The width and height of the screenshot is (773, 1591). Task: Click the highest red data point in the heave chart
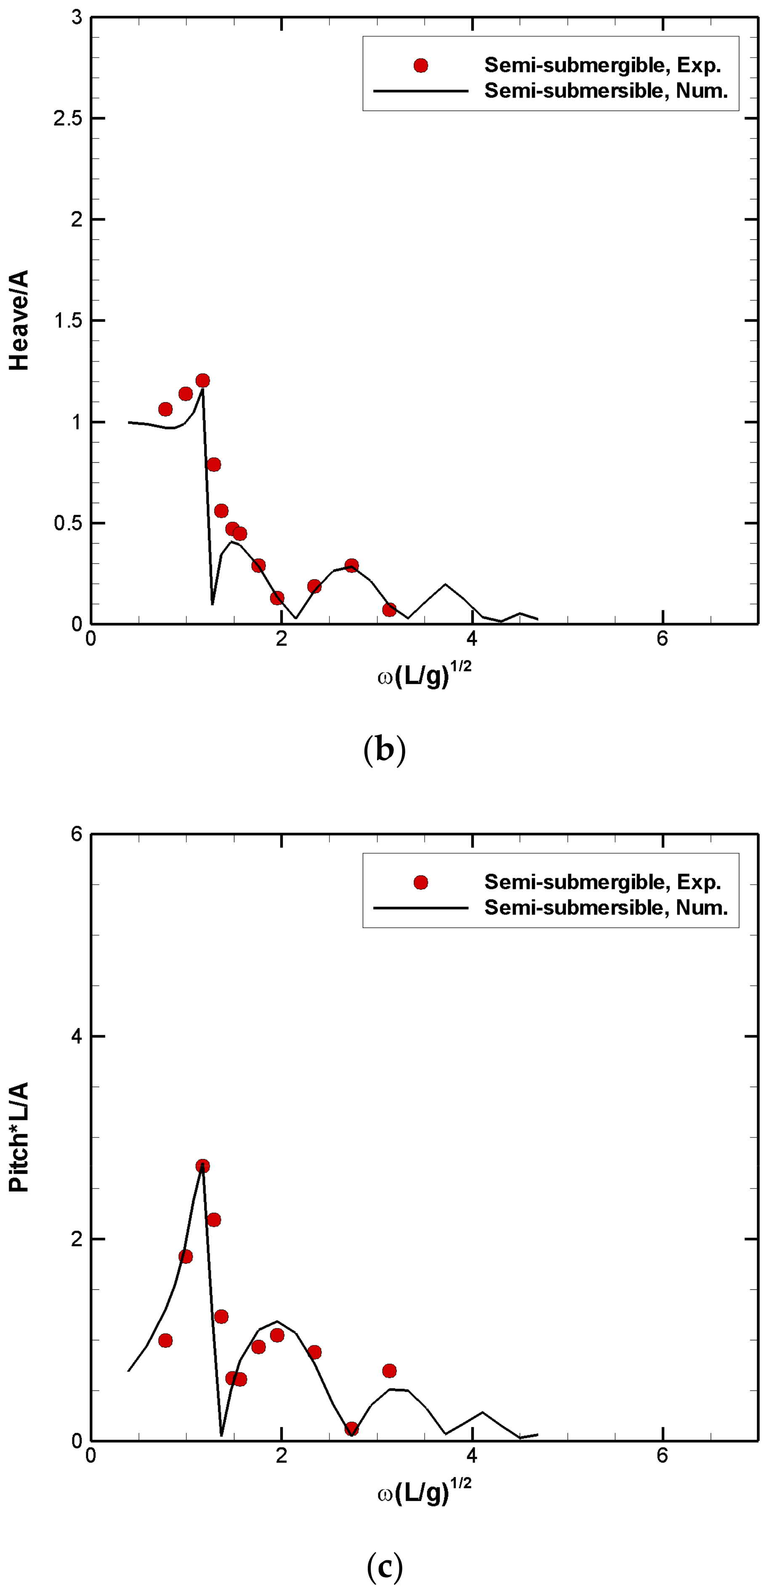pyautogui.click(x=203, y=380)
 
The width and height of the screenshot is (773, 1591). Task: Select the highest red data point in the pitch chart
pyautogui.click(x=203, y=1166)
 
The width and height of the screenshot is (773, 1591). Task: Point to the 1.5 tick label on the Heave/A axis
pyautogui.click(x=68, y=321)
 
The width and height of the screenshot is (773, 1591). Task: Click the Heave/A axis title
pyautogui.click(x=20, y=320)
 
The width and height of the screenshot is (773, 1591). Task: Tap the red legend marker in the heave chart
pyautogui.click(x=421, y=66)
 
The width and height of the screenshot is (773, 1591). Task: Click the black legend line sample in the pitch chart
pyautogui.click(x=421, y=908)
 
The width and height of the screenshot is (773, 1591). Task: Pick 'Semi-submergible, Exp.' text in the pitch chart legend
pyautogui.click(x=603, y=882)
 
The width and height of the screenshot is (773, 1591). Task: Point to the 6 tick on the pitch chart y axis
pyautogui.click(x=77, y=834)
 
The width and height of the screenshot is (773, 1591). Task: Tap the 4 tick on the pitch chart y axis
pyautogui.click(x=77, y=1037)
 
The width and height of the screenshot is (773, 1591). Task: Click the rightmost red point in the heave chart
pyautogui.click(x=389, y=610)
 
